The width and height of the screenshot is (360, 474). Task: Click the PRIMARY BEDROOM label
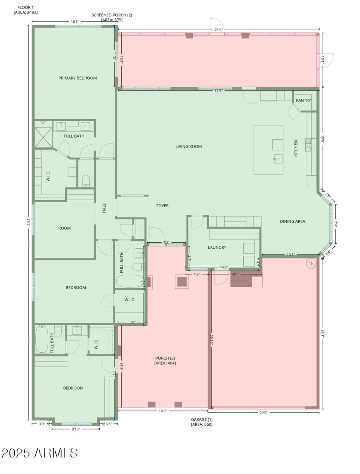(77, 78)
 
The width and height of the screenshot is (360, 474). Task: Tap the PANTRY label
(303, 100)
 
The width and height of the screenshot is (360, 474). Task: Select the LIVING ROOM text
(188, 146)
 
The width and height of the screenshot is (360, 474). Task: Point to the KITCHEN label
(296, 148)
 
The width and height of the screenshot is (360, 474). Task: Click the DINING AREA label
(292, 221)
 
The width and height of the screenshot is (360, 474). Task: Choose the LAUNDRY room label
(217, 247)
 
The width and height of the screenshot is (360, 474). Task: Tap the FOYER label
(162, 206)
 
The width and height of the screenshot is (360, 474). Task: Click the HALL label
(104, 208)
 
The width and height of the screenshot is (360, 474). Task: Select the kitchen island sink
(278, 159)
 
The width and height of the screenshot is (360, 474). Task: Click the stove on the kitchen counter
(308, 145)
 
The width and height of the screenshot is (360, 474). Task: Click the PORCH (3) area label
(165, 361)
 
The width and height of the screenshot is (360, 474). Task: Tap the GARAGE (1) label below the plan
(202, 422)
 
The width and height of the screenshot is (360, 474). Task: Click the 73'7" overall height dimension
(28, 222)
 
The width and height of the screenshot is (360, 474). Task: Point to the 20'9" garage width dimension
(263, 412)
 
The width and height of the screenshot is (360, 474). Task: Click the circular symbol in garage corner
(311, 263)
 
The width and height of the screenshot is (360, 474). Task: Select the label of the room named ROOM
(64, 228)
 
